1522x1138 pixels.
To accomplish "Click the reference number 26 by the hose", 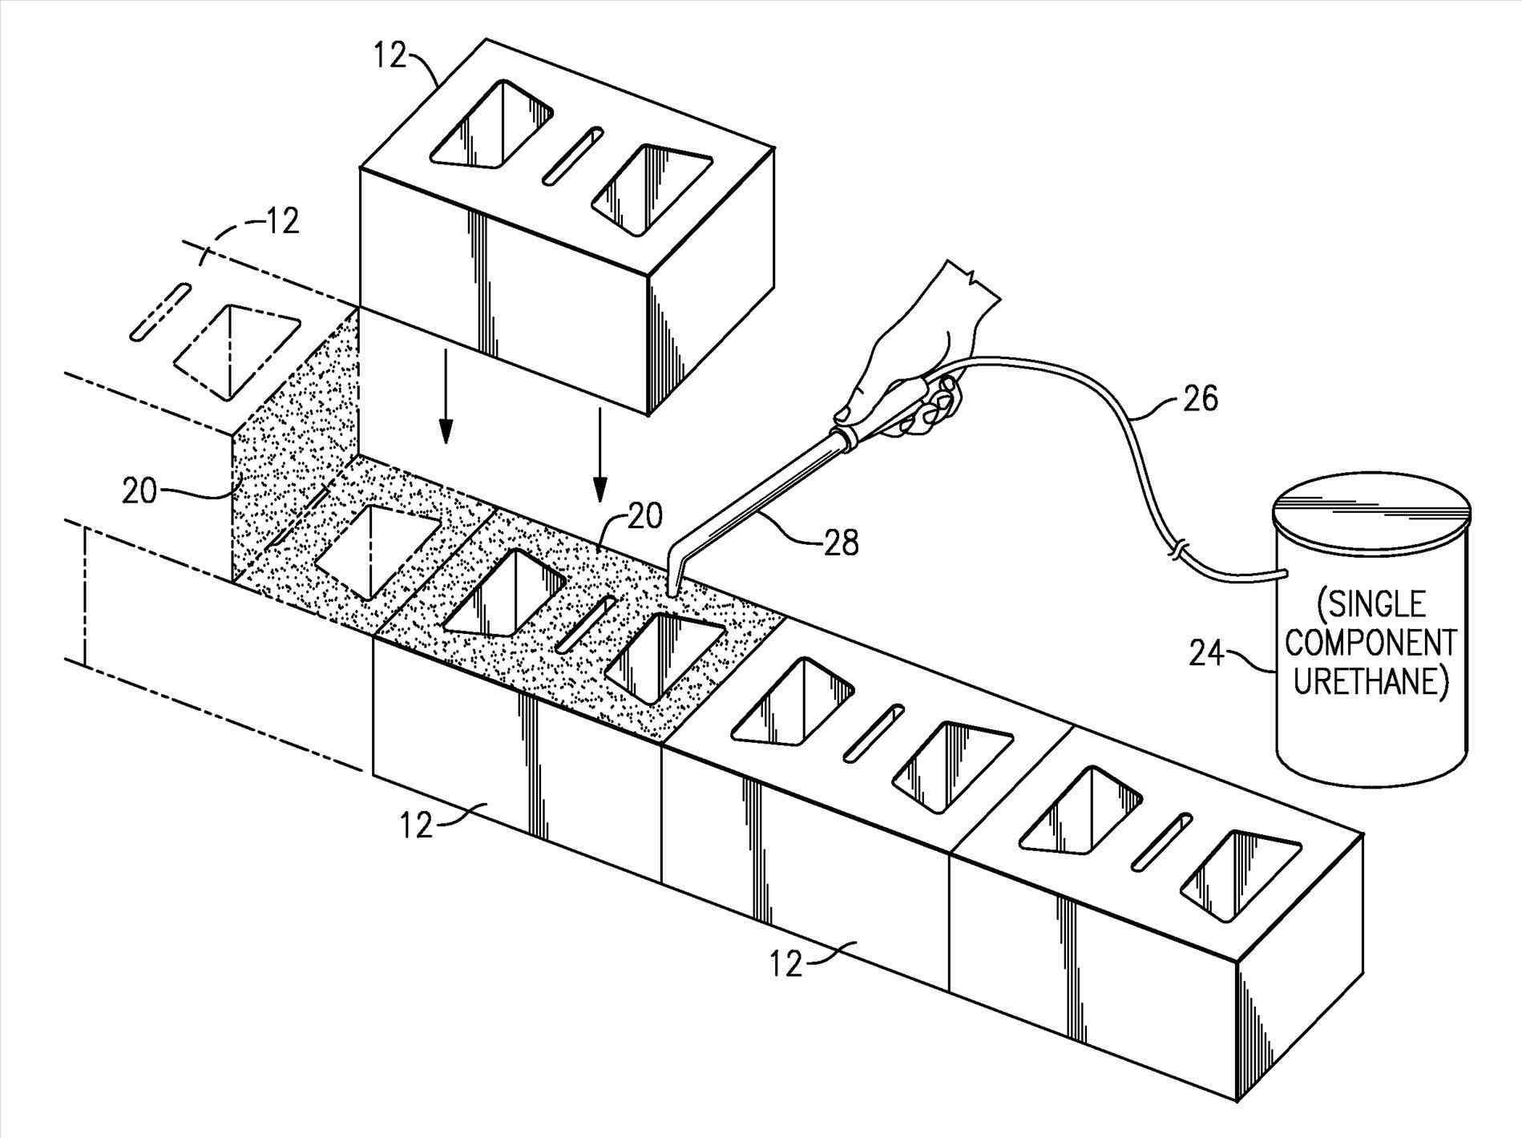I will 1198,398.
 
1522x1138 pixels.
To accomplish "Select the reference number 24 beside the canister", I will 1206,653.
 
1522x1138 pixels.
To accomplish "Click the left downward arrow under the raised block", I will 446,417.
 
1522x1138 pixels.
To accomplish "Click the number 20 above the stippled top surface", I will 645,517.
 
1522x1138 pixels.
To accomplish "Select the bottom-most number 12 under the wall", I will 787,964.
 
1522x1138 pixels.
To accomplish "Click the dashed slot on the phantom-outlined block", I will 160,311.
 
